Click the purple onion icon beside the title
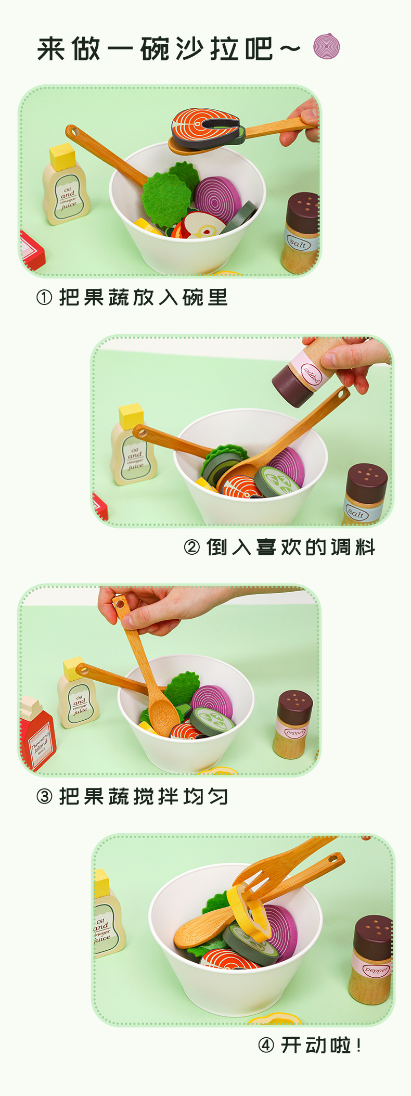(327, 47)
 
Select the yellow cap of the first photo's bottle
(62, 156)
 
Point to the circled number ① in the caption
(44, 298)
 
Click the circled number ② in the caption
(191, 547)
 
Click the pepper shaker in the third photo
(293, 723)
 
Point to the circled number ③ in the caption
(44, 796)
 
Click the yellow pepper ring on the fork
(249, 911)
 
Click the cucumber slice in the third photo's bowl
(213, 721)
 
